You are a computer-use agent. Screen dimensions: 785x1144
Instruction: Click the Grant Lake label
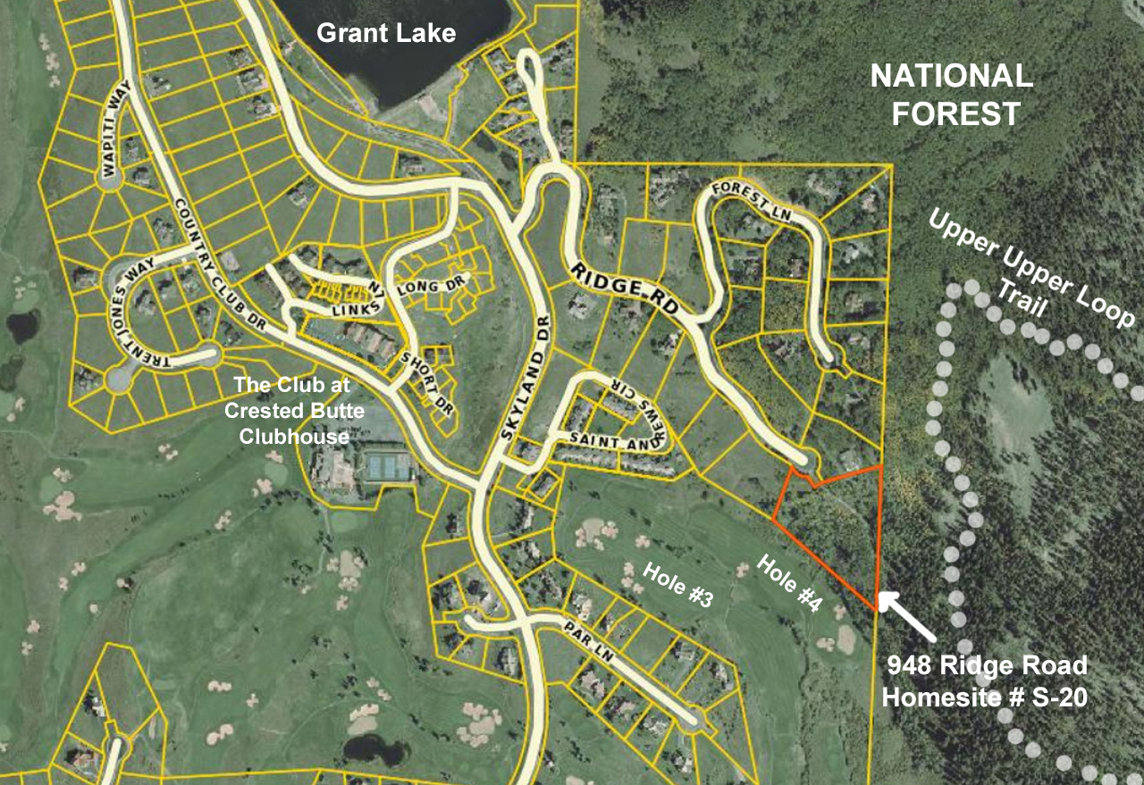click(x=386, y=34)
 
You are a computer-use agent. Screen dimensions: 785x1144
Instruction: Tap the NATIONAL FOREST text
click(x=951, y=95)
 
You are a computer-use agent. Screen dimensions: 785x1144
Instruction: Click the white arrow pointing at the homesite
click(x=906, y=617)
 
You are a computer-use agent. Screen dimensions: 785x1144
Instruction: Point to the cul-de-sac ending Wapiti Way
click(x=109, y=180)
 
